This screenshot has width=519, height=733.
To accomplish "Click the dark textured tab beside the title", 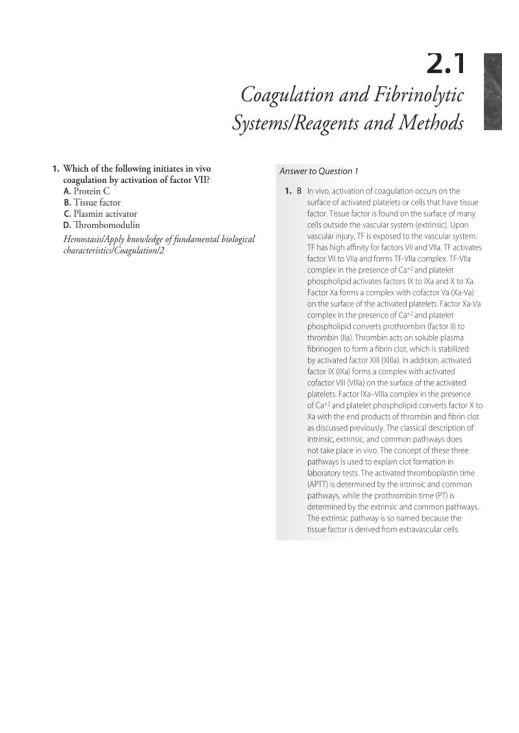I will (493, 92).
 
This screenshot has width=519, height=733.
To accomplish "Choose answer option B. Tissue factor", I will (92, 202).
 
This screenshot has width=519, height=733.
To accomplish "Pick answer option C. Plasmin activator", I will (100, 214).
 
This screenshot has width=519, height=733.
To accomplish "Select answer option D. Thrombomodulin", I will (101, 225).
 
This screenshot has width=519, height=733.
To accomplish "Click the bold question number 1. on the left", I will (55, 169).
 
